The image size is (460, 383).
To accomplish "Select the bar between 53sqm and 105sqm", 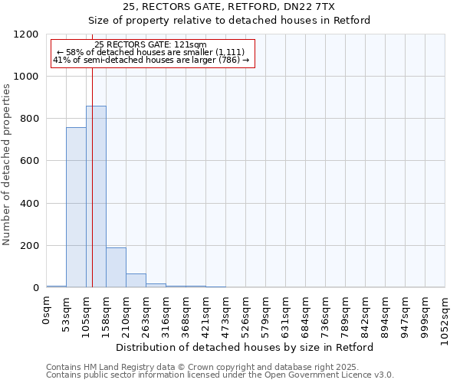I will click(x=76, y=208).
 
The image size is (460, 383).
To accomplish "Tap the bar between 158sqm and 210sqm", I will click(x=116, y=267).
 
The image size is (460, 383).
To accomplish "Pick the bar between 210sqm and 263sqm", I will click(x=136, y=280).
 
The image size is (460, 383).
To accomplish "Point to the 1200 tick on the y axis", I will click(x=31, y=34).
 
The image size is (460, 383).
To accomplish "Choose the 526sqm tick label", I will click(x=246, y=315).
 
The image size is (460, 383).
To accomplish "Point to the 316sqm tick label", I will click(x=166, y=315).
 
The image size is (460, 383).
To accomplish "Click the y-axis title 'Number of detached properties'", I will click(x=7, y=165).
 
